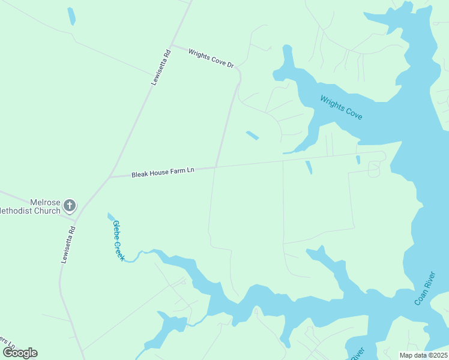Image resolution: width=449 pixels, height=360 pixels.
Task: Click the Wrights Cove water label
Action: pos(341,107)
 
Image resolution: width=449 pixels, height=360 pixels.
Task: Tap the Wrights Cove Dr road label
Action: pos(211,58)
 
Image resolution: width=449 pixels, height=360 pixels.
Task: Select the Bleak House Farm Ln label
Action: pos(163,172)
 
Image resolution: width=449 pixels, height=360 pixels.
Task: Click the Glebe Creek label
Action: pos(118,240)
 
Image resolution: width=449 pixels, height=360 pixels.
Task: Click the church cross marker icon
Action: pos(70,206)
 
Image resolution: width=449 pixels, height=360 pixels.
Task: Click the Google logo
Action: pos(20,353)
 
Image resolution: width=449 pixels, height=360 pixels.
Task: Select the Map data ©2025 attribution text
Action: pos(423,355)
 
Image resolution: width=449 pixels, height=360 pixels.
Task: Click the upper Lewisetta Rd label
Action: pos(161,68)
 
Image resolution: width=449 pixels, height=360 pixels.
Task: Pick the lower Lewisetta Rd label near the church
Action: pos(68,244)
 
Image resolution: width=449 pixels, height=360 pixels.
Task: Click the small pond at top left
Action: pos(71,16)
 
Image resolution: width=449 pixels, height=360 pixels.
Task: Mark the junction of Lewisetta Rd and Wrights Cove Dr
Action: pos(172,45)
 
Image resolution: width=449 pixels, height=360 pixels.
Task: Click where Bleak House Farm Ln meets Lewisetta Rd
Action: pos(110,177)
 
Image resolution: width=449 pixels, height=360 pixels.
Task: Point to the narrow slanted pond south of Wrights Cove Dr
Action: pos(252,136)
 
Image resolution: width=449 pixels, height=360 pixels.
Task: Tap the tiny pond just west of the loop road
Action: pos(358,160)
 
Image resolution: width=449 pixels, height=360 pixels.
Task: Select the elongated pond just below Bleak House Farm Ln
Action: pos(309,167)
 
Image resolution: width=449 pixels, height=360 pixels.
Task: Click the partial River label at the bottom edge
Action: pos(355,353)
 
